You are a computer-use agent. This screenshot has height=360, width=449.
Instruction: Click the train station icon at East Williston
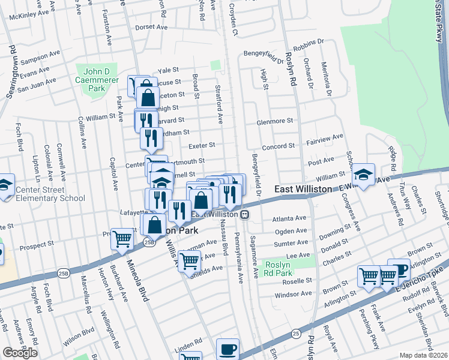click(x=245, y=214)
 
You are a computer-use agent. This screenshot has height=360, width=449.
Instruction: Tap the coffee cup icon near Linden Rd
click(x=228, y=349)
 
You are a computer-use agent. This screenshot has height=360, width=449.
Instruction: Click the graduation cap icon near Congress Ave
click(x=363, y=174)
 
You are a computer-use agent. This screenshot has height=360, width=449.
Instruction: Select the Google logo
click(x=20, y=353)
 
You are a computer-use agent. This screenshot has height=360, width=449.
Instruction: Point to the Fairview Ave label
click(x=325, y=138)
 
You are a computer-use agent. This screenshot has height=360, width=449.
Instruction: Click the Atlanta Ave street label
click(x=289, y=219)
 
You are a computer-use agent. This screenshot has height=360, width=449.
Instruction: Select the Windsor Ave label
click(x=293, y=294)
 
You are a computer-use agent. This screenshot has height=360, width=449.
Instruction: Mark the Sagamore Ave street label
click(x=255, y=257)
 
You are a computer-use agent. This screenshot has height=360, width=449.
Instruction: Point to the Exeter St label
click(x=201, y=145)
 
